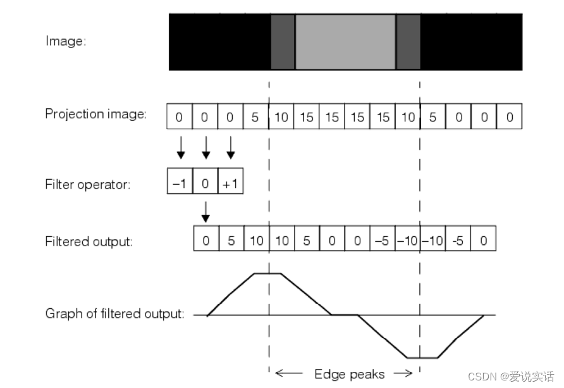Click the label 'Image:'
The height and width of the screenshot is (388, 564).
[x=66, y=42]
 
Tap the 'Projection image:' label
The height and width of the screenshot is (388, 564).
[x=96, y=115]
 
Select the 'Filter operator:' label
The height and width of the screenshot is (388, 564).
[x=88, y=185]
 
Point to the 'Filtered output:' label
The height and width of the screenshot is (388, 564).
[x=89, y=242]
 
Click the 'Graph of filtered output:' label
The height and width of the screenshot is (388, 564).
[x=115, y=314]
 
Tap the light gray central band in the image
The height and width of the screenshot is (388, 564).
[x=345, y=42]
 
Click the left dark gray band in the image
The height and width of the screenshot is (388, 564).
[x=283, y=42]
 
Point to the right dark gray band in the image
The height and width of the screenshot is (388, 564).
[x=408, y=42]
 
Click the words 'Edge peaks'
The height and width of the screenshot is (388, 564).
[x=350, y=375]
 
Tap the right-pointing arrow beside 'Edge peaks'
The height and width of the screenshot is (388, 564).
[x=403, y=374]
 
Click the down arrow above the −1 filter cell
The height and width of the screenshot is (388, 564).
[x=180, y=147]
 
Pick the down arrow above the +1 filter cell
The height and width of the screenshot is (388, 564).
[x=230, y=147]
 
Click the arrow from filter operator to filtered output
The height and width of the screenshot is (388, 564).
[x=205, y=213]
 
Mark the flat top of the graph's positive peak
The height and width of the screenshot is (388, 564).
[x=267, y=274]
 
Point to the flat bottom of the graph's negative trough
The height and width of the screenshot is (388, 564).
[x=422, y=358]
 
